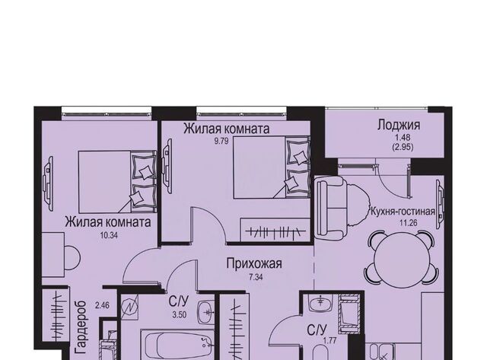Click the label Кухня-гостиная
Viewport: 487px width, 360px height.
[x=403, y=212]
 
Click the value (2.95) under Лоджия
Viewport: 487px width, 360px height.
[x=403, y=148]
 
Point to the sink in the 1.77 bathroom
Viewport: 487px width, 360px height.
[x=320, y=304]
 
